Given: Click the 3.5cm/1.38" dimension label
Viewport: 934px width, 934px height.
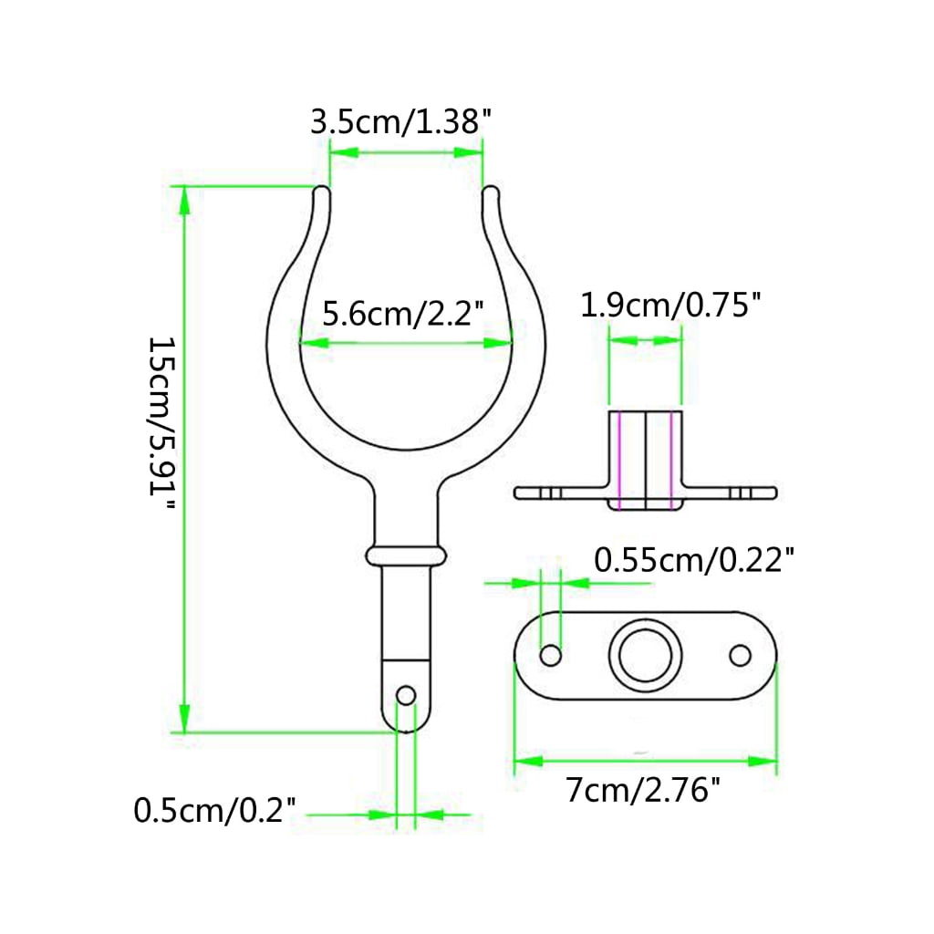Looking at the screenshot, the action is coord(401,122).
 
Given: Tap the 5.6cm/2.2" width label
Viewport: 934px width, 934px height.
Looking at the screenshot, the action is coord(403,313).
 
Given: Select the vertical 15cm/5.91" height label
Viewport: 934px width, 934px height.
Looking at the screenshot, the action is coord(161,423).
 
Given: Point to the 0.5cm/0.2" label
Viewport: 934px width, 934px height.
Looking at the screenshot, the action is coord(214,810).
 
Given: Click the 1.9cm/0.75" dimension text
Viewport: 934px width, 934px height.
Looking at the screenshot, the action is coord(670,305).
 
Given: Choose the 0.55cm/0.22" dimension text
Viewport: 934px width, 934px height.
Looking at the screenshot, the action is coord(694,560).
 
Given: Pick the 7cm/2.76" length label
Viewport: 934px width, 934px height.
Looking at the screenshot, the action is coord(643,791).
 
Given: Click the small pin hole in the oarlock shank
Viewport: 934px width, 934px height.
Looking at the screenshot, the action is coord(406,695).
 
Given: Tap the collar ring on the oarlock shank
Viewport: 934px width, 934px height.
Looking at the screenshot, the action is coord(406,555).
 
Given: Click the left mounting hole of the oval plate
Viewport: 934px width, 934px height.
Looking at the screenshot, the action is coord(550,655).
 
